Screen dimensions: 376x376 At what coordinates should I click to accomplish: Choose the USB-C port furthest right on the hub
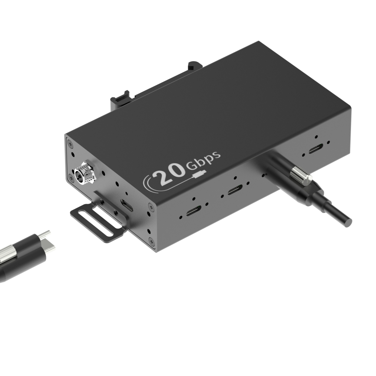tap(315, 150)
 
